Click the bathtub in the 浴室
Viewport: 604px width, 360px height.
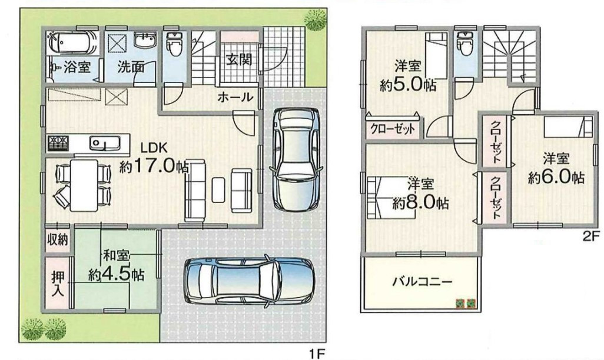[x=72, y=42]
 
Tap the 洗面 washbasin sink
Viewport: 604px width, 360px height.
[x=145, y=39]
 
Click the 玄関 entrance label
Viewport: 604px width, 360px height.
[x=239, y=59]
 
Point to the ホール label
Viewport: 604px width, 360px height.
[x=235, y=97]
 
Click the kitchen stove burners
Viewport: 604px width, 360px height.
[x=58, y=143]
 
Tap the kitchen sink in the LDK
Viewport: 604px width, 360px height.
[x=105, y=143]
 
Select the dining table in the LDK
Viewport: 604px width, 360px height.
[x=84, y=185]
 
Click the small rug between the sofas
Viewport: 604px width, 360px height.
[x=218, y=189]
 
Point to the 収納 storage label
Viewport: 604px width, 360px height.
[x=57, y=239]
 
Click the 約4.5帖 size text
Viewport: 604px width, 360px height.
[x=116, y=275]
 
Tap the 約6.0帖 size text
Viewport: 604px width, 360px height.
[x=556, y=176]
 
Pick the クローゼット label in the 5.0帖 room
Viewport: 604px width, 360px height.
[x=393, y=128]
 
